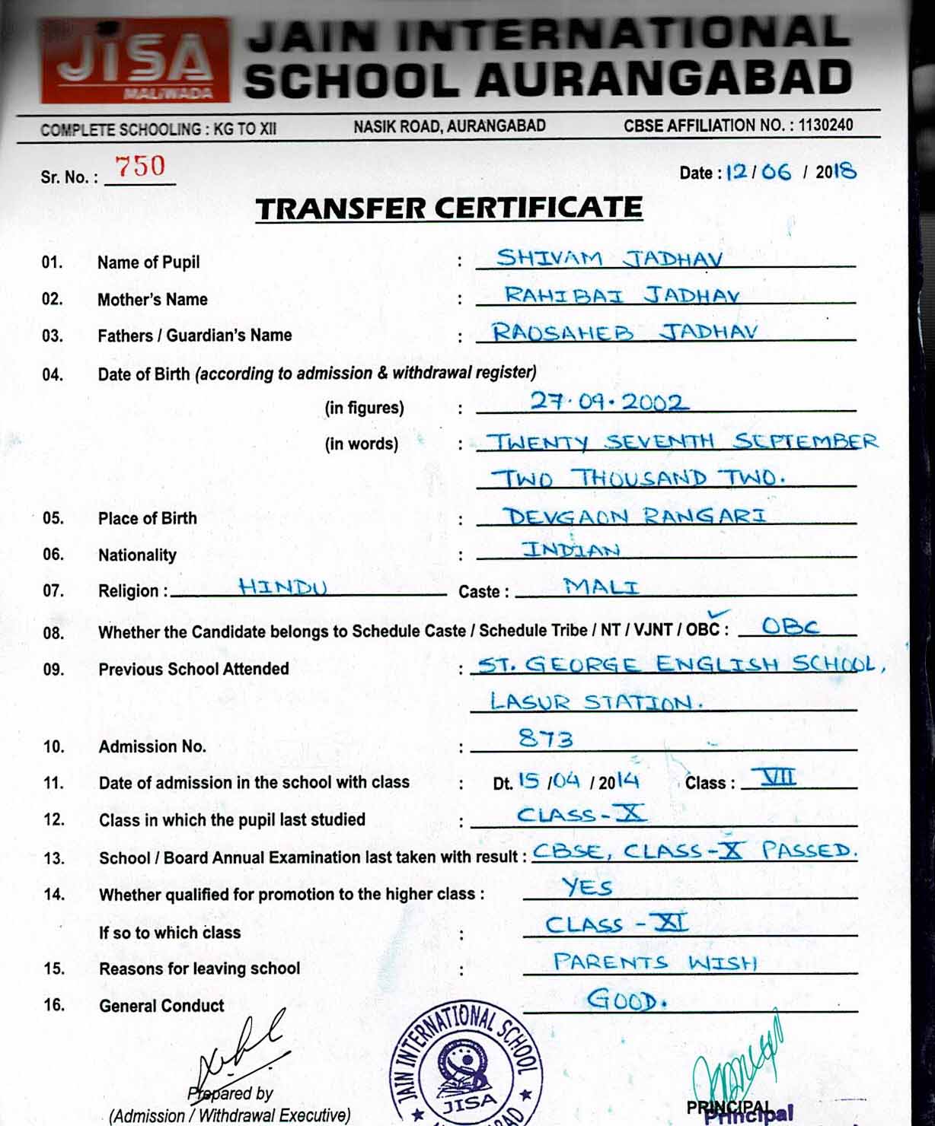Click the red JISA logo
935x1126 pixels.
tap(135, 61)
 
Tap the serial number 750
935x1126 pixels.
tap(139, 167)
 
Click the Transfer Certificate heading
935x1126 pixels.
tap(448, 208)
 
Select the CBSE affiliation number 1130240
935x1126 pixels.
tap(825, 125)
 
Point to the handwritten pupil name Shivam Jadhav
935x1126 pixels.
tap(609, 259)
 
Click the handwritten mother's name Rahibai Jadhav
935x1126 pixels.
tap(621, 294)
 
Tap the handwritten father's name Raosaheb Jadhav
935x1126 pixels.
tap(624, 332)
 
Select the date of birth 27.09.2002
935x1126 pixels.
tap(607, 401)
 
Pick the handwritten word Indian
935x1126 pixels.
tap(570, 549)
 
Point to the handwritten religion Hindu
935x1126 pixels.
tap(282, 587)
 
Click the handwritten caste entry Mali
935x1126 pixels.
tap(601, 586)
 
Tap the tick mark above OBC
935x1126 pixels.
tap(718, 614)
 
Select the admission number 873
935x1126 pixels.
tap(545, 738)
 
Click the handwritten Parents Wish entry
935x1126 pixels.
tap(655, 962)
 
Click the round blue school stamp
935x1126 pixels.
tap(466, 1069)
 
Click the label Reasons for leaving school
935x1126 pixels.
tap(199, 969)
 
